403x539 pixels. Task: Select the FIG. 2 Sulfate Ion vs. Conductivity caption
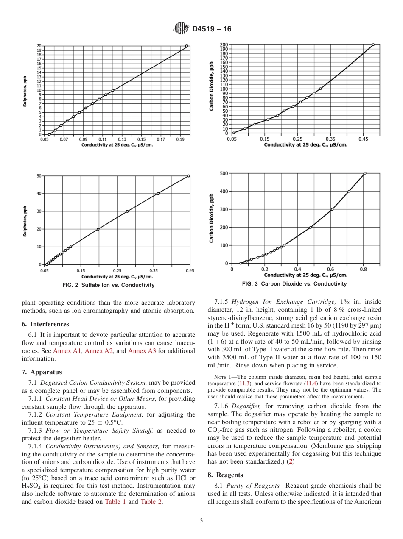pos(108,285)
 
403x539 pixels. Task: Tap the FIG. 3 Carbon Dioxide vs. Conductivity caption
pos(294,284)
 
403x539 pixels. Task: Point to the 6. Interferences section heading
pos(45,324)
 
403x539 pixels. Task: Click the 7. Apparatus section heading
pos(42,372)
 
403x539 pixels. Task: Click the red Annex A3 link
pos(142,351)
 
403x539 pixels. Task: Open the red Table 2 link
pos(151,502)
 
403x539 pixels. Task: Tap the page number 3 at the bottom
pos(201,521)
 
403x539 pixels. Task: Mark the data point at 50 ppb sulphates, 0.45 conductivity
pos(189,176)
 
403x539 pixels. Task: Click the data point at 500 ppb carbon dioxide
pos(365,173)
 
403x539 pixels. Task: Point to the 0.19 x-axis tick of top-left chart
pos(180,139)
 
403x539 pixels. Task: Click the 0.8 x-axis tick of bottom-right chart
pos(364,269)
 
